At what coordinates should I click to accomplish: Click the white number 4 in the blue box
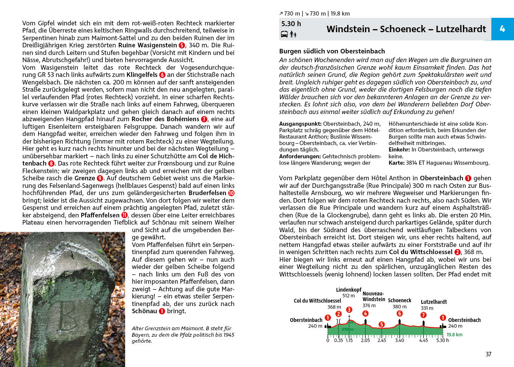pos(502,29)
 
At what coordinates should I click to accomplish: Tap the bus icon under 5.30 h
pos(284,34)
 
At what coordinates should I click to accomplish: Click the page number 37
pos(488,354)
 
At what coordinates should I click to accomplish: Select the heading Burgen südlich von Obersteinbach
pos(332,51)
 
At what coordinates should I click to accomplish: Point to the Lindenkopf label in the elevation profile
pos(348,290)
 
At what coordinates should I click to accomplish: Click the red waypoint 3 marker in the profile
pos(349,310)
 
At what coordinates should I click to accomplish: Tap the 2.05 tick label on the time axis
pos(365,340)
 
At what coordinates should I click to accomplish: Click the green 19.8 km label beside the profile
pos(454,335)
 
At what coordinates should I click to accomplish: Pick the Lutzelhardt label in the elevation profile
pos(433,302)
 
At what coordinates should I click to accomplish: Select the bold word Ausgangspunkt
pos(300,124)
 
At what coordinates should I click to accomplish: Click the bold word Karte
pos(396,163)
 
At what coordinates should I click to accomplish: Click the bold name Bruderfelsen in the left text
pos(207,193)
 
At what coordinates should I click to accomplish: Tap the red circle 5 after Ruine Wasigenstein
pos(182,45)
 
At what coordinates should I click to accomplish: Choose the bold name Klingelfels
pos(142,75)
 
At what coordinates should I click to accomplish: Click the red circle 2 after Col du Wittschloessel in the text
pos(457,252)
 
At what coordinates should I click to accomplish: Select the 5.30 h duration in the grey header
pos(291,24)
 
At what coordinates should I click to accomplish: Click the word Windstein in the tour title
pos(348,29)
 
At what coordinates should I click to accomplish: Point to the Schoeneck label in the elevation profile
pos(399,300)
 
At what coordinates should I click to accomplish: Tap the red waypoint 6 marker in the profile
pos(399,314)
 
